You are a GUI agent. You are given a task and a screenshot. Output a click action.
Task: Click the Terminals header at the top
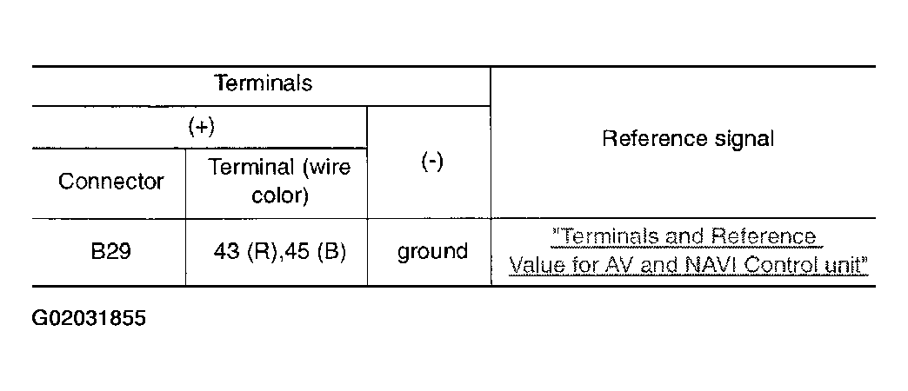[x=263, y=83]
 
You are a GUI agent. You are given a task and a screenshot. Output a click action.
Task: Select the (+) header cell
[x=201, y=127]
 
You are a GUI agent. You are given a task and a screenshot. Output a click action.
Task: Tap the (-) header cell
[x=431, y=162]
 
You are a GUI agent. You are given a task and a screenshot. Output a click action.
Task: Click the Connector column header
[x=111, y=181]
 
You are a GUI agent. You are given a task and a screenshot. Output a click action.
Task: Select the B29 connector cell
[x=111, y=252]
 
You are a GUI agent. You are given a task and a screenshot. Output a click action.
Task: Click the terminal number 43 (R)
[x=242, y=252]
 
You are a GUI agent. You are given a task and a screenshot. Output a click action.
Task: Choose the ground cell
[x=432, y=253]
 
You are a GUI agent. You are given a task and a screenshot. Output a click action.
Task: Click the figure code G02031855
[x=89, y=318]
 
